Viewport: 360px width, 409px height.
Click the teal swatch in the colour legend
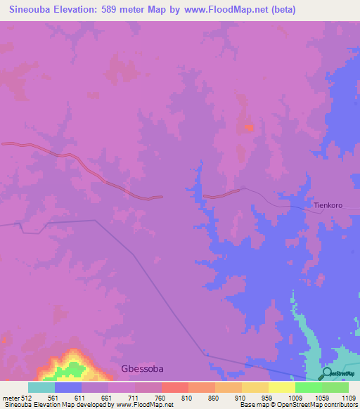tap(41, 387)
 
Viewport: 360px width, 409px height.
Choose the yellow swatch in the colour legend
tap(281, 387)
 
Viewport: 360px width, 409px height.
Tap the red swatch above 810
tap(174, 387)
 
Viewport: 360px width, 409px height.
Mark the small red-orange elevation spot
tap(247, 127)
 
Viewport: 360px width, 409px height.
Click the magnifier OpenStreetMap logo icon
tap(327, 372)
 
